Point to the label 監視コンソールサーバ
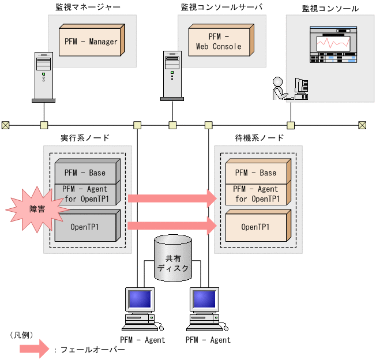[x=221, y=7]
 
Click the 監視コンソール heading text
[x=330, y=9]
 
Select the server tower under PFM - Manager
[x=43, y=74]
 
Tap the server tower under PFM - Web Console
[x=172, y=74]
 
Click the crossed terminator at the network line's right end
[x=362, y=124]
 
